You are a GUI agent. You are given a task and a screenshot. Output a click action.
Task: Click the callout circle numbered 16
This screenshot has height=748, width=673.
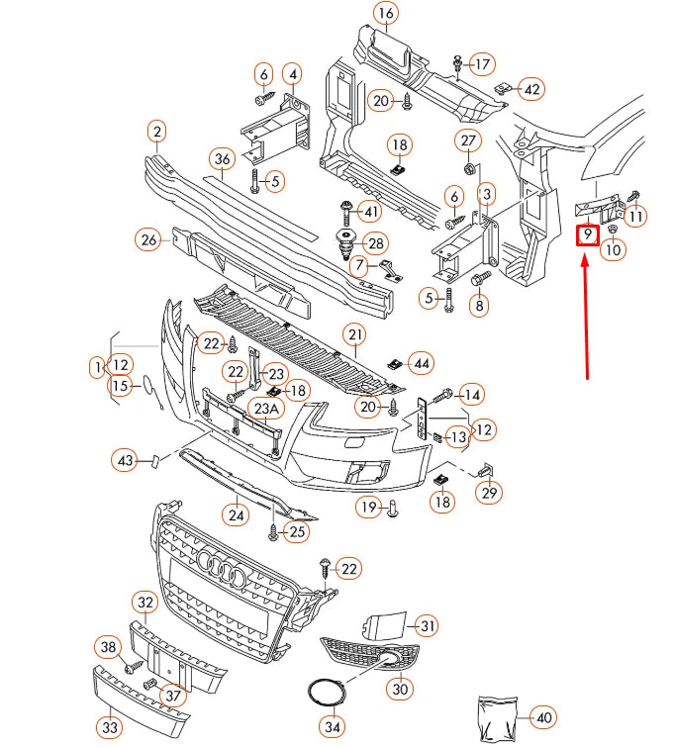coord(385,14)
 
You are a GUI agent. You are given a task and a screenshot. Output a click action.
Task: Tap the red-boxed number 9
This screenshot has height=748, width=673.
coord(588,235)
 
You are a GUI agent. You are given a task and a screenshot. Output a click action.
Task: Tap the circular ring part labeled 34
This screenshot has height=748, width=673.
coord(323,692)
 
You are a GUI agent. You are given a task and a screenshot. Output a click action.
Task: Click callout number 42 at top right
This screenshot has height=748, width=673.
coord(531,89)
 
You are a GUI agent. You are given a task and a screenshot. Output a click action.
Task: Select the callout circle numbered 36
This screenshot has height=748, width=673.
coord(222,159)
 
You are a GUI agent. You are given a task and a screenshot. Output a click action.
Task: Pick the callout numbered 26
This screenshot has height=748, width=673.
coord(148,239)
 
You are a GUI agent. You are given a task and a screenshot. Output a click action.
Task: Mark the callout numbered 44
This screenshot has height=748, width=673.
coord(422,364)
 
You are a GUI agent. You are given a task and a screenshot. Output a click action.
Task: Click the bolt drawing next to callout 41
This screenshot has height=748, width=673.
coord(345,211)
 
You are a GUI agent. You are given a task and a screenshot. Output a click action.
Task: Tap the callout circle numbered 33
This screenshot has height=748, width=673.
coord(110,728)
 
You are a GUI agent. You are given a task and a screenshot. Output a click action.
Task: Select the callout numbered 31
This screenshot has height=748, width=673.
coord(427,625)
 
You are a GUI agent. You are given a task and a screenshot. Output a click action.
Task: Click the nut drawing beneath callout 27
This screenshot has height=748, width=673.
coord(469,165)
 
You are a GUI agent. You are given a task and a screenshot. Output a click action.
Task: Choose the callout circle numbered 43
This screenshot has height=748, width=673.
coord(125,461)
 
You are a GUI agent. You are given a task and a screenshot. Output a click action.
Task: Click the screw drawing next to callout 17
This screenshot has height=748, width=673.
coord(458,64)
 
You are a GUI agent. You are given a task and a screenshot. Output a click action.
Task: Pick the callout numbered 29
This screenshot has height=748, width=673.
coord(490,492)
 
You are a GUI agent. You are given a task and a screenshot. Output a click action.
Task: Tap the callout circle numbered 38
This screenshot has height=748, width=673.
coord(108,647)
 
